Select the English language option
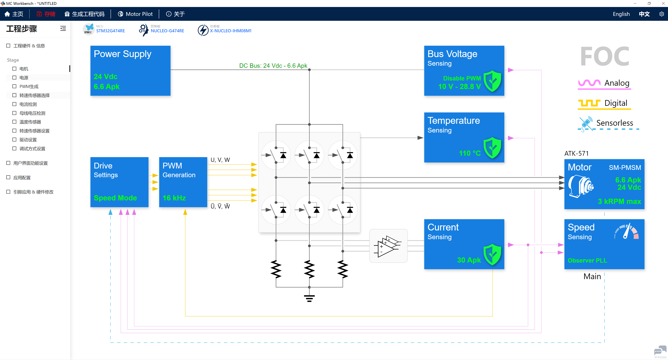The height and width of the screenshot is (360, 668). (x=621, y=14)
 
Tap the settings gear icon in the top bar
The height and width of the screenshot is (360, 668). (x=662, y=14)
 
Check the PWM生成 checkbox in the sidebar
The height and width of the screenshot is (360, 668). (x=14, y=86)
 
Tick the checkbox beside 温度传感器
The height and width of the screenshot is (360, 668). (x=14, y=122)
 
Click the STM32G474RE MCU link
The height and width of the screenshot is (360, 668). (x=110, y=31)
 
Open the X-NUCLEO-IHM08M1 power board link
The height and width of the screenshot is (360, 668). (x=231, y=31)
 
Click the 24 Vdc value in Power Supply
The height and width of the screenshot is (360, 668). (x=106, y=76)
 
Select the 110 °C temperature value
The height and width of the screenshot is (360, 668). (x=470, y=153)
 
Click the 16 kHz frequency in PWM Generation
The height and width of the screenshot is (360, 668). (x=174, y=198)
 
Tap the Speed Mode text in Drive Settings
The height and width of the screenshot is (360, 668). (x=115, y=198)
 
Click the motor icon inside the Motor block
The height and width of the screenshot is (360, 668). (x=581, y=187)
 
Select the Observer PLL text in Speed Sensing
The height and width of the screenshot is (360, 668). (x=587, y=260)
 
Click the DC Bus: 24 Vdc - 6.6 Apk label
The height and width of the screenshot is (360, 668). (x=273, y=66)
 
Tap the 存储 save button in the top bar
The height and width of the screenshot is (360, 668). (x=46, y=14)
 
